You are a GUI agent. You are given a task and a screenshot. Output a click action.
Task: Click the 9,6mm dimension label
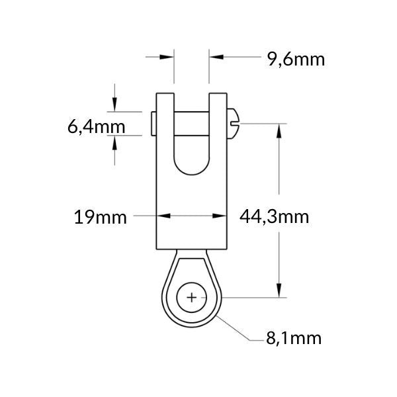[296, 60]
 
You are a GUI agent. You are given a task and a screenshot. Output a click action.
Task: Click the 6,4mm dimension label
[97, 127]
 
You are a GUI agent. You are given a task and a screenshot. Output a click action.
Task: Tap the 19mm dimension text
[101, 217]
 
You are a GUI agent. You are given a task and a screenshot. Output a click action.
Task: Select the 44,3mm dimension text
[274, 217]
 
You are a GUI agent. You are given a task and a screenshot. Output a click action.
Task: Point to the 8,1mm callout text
[294, 338]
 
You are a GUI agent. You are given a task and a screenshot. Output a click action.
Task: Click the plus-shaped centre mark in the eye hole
[192, 298]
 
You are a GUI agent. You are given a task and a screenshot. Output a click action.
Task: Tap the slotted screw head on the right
[233, 124]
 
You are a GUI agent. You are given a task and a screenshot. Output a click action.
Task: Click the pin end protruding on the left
[154, 124]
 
